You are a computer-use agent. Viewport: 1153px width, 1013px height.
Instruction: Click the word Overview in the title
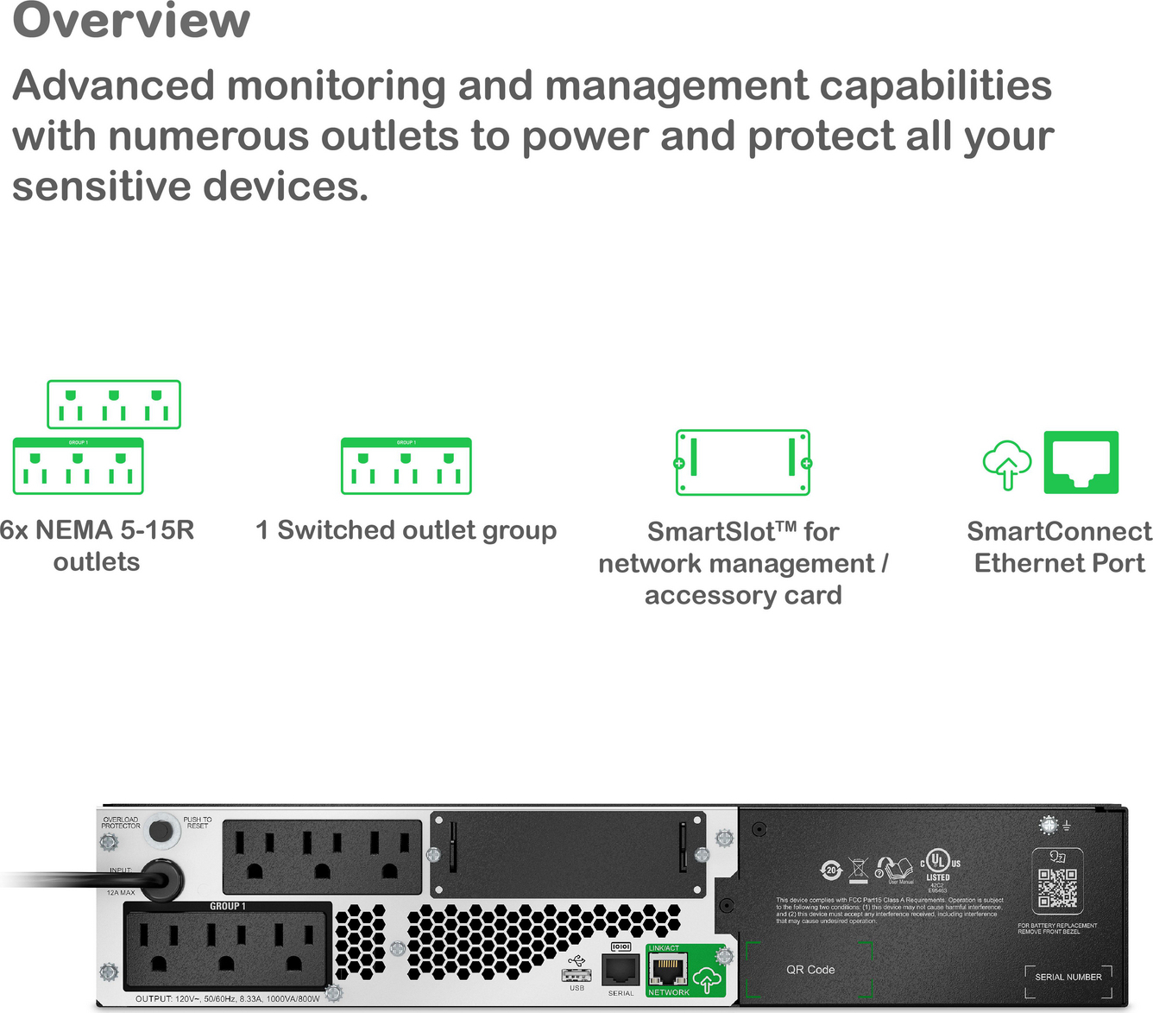[131, 21]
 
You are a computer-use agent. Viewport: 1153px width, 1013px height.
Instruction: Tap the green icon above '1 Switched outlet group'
[406, 466]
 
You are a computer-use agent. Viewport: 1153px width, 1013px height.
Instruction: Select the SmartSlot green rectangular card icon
[742, 463]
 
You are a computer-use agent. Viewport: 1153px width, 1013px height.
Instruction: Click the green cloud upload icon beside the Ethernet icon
[1006, 465]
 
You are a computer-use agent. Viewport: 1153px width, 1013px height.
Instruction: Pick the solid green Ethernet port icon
[1081, 463]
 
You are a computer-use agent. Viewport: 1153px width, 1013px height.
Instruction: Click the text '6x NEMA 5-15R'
[97, 529]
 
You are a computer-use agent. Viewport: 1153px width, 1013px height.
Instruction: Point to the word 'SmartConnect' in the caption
[1058, 531]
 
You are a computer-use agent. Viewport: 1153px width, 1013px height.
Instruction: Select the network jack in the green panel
[668, 971]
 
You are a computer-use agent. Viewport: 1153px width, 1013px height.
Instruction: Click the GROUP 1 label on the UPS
[228, 906]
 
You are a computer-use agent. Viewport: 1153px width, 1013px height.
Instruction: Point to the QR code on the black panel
[1057, 888]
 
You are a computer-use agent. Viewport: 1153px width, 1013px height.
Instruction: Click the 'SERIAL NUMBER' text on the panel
[1068, 977]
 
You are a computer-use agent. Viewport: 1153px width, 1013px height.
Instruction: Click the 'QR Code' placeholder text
[810, 970]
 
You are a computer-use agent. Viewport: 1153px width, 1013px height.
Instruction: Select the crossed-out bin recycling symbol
[858, 870]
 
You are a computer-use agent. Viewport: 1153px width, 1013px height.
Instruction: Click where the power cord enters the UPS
[161, 880]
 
